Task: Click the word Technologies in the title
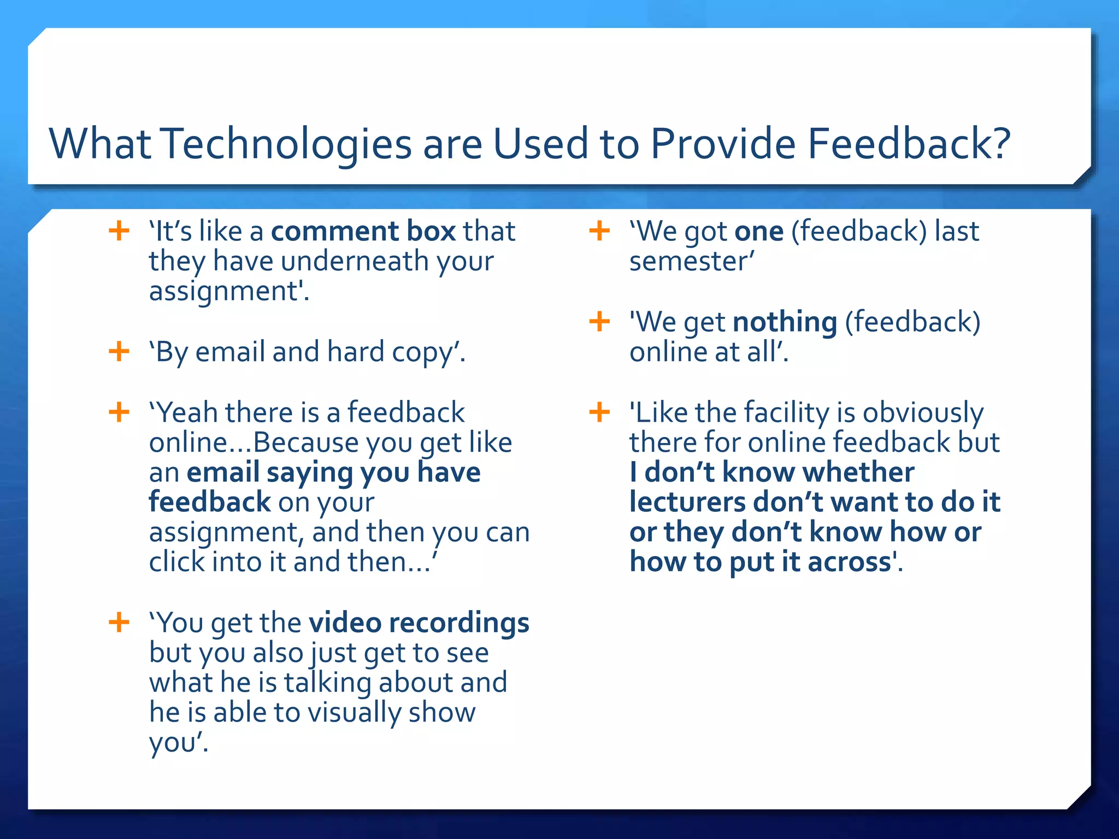tap(287, 144)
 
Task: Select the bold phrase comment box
tap(363, 231)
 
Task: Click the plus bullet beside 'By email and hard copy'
tap(119, 351)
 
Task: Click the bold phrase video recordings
tap(419, 623)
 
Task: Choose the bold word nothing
tap(785, 322)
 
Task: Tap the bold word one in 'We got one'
tap(759, 231)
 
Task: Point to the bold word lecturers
tap(687, 502)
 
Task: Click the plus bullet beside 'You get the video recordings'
tap(119, 622)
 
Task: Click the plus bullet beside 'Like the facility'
tap(599, 412)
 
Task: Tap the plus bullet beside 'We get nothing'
tap(599, 321)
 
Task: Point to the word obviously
tap(923, 412)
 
